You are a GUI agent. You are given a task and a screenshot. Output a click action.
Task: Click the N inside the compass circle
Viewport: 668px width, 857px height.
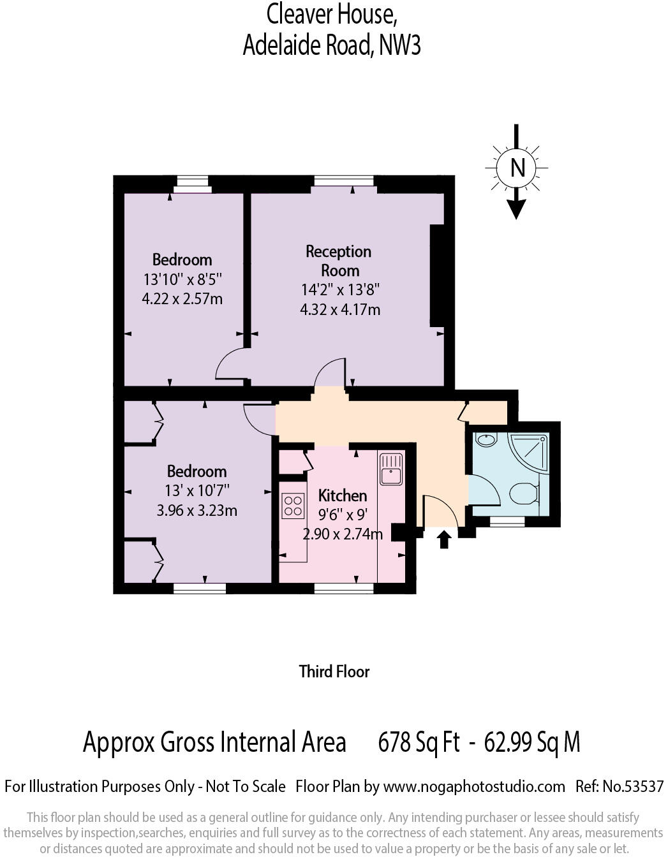[x=517, y=168]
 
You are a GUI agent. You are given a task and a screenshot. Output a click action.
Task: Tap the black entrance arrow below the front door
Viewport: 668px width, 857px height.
[x=445, y=539]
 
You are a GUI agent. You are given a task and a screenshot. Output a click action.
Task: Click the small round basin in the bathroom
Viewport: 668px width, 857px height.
[x=487, y=439]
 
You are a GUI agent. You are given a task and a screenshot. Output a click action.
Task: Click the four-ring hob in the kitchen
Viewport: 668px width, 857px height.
[x=293, y=506]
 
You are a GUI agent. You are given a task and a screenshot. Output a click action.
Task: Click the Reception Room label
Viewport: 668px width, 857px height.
[x=339, y=261]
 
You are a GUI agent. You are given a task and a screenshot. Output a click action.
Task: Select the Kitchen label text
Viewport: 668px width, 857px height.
[x=343, y=495]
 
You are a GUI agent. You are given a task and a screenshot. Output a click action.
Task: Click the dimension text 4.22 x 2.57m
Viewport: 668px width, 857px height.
[x=182, y=298]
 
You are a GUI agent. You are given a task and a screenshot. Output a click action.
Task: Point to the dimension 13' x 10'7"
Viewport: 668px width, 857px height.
[x=197, y=490]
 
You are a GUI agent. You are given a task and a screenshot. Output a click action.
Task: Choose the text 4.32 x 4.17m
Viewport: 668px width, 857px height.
[x=340, y=310]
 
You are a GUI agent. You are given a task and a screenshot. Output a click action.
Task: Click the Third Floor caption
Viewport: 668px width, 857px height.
[x=334, y=671]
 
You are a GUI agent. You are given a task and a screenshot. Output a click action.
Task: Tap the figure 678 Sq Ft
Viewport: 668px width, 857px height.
[x=419, y=742]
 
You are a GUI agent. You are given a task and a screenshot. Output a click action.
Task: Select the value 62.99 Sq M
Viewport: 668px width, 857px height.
[x=532, y=742]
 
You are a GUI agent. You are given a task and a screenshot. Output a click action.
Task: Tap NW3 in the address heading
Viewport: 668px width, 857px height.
[x=400, y=45]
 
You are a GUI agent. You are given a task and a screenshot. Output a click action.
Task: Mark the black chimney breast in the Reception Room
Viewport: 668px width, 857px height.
[x=437, y=275]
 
